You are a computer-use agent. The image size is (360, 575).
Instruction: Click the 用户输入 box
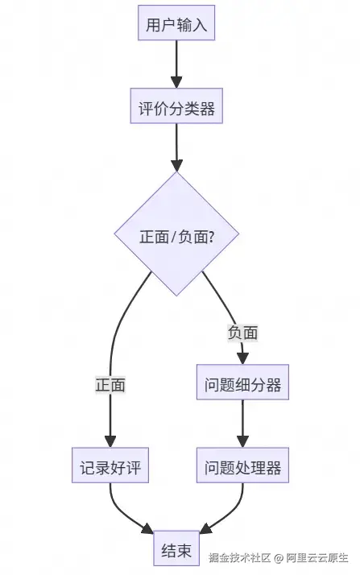click(176, 24)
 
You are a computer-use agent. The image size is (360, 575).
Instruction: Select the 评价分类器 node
click(176, 109)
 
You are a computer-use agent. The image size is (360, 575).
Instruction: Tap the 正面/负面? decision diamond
click(176, 236)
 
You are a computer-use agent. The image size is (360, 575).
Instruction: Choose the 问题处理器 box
click(242, 468)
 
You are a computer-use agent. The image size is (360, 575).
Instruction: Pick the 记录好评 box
click(110, 468)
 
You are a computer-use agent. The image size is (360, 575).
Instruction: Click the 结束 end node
click(176, 551)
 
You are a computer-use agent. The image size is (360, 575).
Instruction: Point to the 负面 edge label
click(242, 332)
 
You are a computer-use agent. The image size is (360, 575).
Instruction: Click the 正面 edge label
click(110, 385)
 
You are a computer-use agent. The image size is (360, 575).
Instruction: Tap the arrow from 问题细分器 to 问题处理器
click(242, 425)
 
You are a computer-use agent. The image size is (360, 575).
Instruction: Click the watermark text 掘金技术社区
click(238, 557)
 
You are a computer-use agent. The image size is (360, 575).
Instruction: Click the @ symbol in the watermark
click(278, 557)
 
